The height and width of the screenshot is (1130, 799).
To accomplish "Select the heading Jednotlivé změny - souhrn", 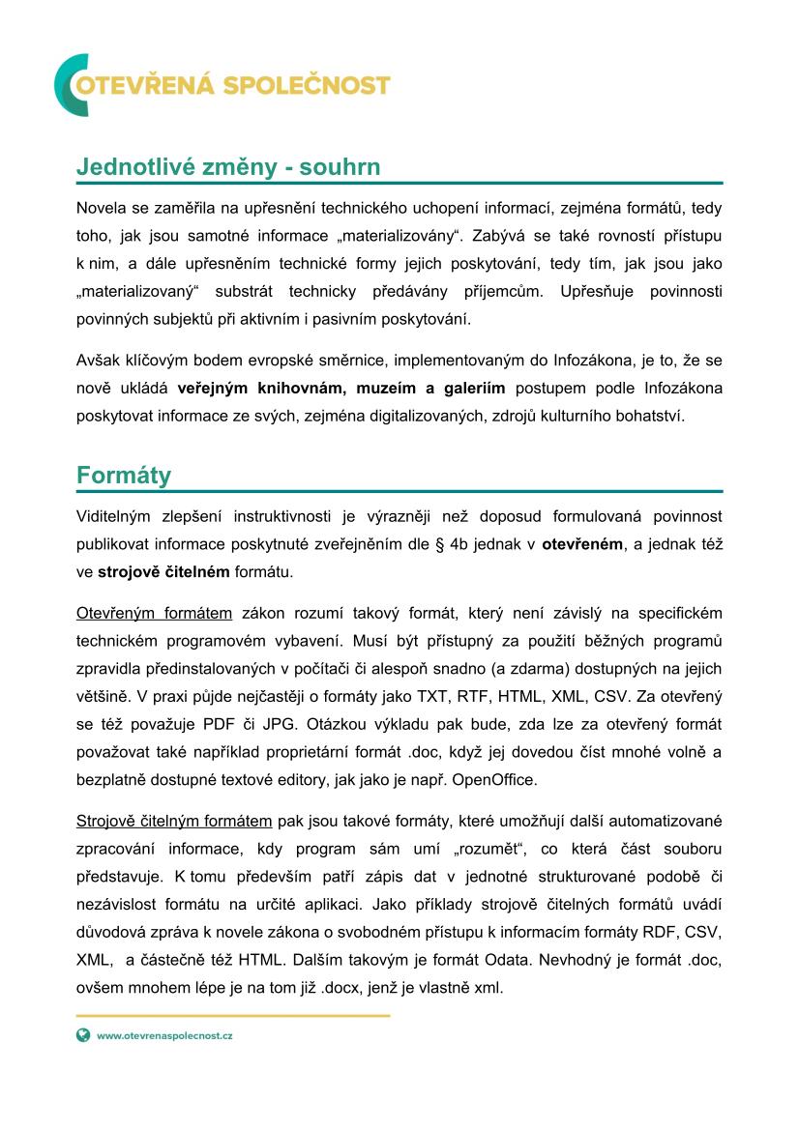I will point(228,167).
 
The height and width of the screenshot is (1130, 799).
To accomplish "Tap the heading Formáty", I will point(124,476).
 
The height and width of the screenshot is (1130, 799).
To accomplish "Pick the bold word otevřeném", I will point(582,544).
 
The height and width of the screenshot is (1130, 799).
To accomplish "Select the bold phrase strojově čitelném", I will point(163,571).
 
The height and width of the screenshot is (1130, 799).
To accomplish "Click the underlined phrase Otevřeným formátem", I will point(154,613).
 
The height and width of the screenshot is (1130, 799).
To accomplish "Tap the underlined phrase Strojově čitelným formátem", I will point(174,822).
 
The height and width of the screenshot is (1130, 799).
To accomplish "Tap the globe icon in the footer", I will point(83,1034).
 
